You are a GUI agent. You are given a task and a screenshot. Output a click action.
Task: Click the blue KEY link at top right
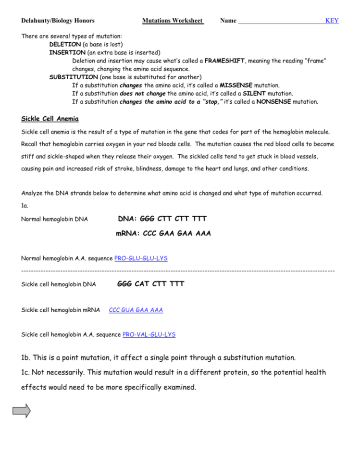pos(332,21)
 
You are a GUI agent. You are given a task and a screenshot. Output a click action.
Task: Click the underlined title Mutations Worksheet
pos(173,21)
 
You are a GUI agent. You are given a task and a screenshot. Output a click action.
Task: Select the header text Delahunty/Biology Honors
pos(58,21)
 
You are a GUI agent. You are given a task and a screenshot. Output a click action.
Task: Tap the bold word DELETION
pos(65,44)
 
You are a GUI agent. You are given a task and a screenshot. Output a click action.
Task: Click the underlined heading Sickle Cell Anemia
pos(50,119)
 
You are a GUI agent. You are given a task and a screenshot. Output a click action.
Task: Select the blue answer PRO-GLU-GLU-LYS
pos(141,258)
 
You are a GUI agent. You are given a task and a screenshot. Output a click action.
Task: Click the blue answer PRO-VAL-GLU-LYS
pos(149,334)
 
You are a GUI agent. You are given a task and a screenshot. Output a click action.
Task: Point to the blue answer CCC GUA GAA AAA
pos(136,310)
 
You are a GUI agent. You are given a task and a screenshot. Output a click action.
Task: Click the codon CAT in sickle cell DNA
pos(142,284)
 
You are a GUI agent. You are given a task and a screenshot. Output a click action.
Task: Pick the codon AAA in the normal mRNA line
pos(202,234)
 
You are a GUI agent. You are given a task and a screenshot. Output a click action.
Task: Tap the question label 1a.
pos(25,205)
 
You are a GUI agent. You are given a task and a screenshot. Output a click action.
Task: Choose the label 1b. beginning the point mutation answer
pos(28,357)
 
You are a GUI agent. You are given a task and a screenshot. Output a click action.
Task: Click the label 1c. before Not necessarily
pos(28,372)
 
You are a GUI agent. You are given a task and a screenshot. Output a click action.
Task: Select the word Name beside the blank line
pos(228,21)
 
